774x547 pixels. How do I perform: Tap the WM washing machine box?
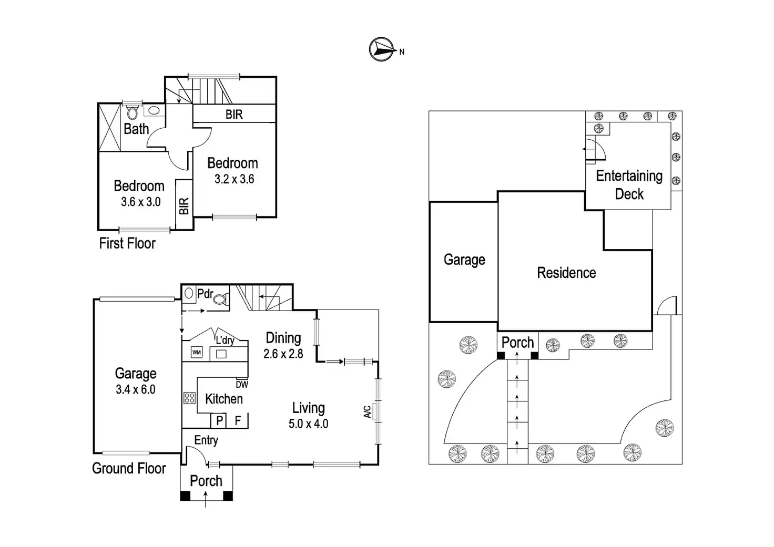point(197,352)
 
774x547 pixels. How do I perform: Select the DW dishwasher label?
point(242,384)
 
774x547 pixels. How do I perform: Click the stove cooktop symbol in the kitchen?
point(189,398)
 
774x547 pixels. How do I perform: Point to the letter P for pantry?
point(219,420)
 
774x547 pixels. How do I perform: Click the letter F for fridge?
point(238,420)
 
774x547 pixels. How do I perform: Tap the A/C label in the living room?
point(368,411)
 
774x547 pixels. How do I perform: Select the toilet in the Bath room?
point(132,112)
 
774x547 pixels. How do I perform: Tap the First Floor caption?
point(127,243)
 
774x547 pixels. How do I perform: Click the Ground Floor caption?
point(129,468)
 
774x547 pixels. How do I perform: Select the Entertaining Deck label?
point(629,185)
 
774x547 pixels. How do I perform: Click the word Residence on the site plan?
point(566,273)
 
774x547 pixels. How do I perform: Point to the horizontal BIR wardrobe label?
point(234,115)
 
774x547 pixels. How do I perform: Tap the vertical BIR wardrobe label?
point(184,206)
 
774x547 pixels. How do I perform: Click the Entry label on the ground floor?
point(206,440)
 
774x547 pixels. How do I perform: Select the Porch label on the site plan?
point(517,343)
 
